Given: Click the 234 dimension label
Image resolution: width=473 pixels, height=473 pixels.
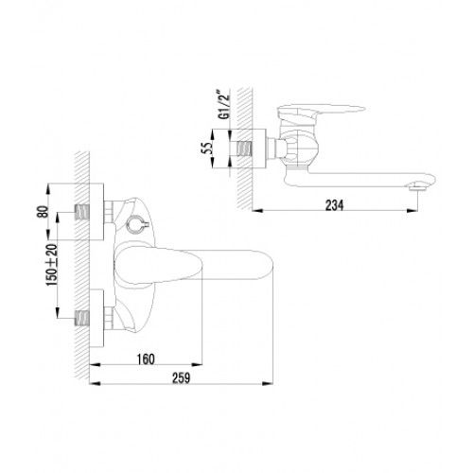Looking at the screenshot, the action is pos(334,205).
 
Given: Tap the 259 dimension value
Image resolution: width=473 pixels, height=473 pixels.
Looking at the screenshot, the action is pos(181,377).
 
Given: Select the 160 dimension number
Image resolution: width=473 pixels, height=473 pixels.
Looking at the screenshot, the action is pos(146,359).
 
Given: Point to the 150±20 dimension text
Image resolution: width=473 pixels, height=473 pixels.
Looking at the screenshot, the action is pos(52,265).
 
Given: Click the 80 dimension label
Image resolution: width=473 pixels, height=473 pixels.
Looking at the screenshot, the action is pos(43,211).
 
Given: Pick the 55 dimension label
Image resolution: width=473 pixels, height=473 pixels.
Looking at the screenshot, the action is pos(207,149).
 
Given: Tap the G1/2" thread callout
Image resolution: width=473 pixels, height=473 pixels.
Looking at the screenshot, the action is pos(224,105).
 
